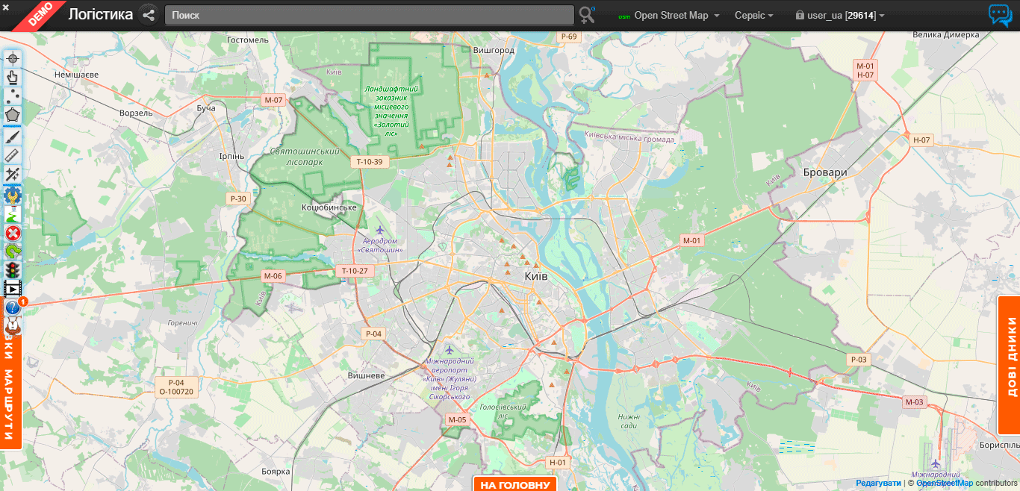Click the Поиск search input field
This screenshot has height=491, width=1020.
369,15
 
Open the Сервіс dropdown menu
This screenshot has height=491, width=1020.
753,16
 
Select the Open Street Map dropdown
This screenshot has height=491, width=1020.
670,16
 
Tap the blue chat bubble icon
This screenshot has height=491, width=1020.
1000,15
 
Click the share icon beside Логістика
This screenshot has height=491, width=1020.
149,15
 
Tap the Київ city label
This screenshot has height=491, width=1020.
536,276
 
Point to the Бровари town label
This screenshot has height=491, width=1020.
825,172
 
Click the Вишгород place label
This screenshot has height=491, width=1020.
494,50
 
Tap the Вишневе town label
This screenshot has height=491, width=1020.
366,375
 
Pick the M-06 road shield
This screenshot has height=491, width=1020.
273,276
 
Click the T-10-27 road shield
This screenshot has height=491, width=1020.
355,270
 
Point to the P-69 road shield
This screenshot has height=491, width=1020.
569,37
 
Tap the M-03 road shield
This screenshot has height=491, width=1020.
914,402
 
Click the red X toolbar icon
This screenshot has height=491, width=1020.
13,233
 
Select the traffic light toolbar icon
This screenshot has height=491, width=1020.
13,269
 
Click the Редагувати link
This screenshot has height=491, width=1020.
878,483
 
